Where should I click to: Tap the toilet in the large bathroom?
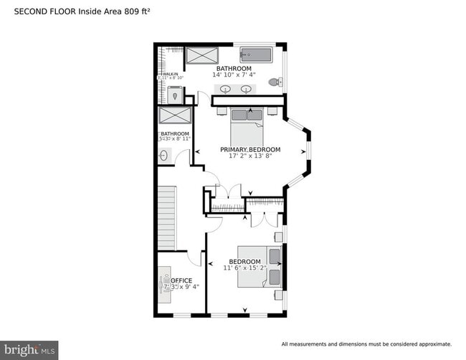(x=274, y=82)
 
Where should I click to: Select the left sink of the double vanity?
(x=225, y=90)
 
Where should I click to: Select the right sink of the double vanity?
(x=247, y=90)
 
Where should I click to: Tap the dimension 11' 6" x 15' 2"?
(x=244, y=268)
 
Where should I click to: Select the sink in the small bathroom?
(x=163, y=155)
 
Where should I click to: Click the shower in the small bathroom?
(x=175, y=117)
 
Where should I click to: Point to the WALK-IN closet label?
(x=170, y=74)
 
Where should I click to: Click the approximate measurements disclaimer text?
(x=366, y=344)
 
